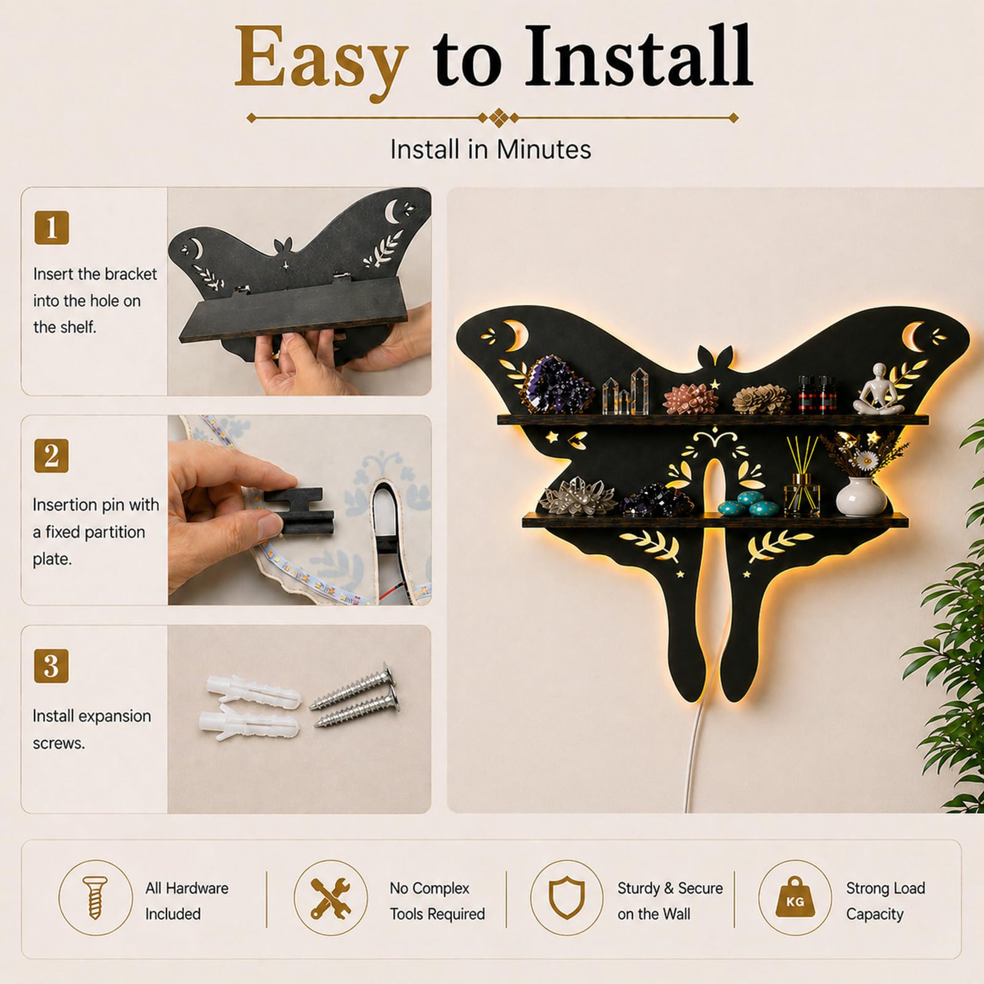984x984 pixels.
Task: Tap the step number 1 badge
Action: click(52, 228)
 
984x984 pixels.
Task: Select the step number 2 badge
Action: click(52, 456)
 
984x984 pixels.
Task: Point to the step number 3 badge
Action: click(52, 666)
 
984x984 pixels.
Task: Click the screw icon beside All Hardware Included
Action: click(95, 899)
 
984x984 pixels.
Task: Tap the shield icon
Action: click(566, 899)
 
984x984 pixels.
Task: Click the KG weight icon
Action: click(795, 899)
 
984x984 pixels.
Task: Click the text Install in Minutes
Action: click(491, 149)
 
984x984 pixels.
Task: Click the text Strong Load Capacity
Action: click(886, 901)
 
